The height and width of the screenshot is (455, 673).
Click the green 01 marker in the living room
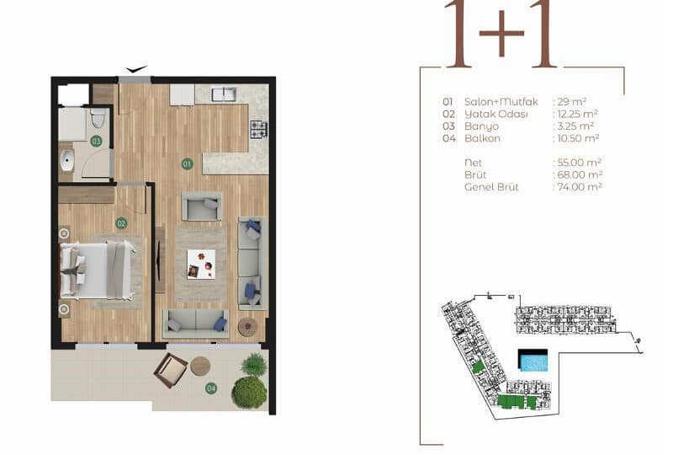pos(187,163)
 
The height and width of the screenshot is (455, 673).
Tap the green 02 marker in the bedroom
pos(121,223)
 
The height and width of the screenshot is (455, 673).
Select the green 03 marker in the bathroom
pos(96,141)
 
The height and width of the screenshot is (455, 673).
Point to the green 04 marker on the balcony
pos(211,388)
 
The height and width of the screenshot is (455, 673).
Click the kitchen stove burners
pos(259,130)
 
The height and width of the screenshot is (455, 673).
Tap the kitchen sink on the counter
pos(224,94)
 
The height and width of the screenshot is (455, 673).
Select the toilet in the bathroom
pos(98,118)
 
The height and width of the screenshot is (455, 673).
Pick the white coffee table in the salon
pos(201,264)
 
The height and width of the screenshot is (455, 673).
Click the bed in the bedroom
pos(97,270)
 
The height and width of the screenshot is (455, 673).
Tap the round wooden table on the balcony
pos(200,366)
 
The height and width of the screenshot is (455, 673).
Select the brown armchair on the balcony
pos(171,370)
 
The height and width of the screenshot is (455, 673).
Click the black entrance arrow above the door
pos(136,69)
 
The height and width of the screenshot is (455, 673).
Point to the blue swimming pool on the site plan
pos(533,361)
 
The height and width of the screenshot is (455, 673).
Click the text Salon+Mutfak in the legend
pos(501,102)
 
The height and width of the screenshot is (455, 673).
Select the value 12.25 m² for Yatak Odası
pos(577,114)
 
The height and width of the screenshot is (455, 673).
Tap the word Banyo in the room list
pos(481,126)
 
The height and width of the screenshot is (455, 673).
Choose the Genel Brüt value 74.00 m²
pos(580,187)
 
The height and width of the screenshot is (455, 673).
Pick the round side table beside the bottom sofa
pos(247,327)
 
